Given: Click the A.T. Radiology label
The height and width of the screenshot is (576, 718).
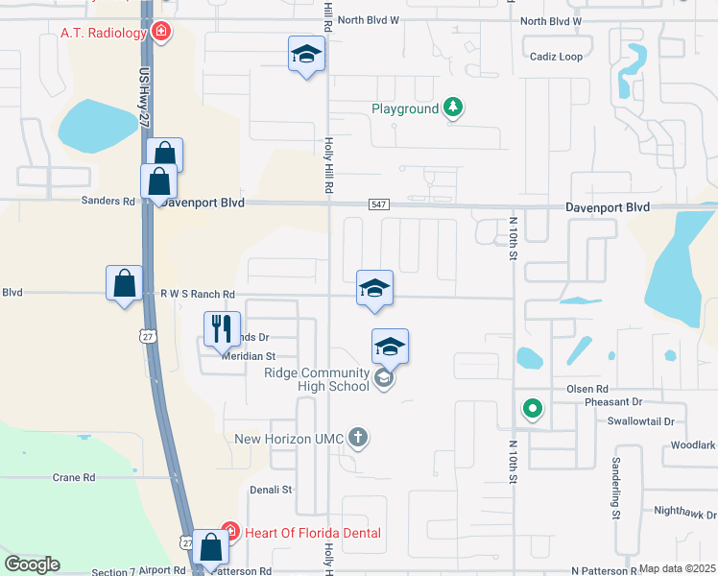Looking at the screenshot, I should [93, 33].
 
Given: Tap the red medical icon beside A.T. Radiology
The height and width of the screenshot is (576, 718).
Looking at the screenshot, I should [162, 33].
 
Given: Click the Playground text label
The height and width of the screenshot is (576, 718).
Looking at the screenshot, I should [405, 109].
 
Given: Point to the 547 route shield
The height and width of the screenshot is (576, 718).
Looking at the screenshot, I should [377, 206].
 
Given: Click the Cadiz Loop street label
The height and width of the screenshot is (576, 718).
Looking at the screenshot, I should [556, 57].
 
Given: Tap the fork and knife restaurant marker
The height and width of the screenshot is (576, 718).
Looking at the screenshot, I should [222, 328].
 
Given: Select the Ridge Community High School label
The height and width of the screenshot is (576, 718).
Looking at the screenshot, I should [317, 379].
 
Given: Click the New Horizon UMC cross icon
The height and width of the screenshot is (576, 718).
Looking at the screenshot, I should [358, 439].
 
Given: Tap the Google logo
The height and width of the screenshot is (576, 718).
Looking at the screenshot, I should [32, 564].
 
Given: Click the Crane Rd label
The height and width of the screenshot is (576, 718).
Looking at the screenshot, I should [74, 477].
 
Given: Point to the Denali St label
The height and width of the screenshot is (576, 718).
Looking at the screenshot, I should [271, 490].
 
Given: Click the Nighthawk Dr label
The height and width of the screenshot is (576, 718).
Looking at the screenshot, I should [685, 513].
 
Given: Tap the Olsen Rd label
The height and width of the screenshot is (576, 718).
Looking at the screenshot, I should [587, 389].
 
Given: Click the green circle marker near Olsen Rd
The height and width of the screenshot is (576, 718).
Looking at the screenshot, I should [532, 410].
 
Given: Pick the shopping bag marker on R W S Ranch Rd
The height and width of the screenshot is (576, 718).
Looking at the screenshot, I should [123, 283].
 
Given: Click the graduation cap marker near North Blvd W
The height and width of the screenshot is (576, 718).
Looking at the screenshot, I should [307, 54].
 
